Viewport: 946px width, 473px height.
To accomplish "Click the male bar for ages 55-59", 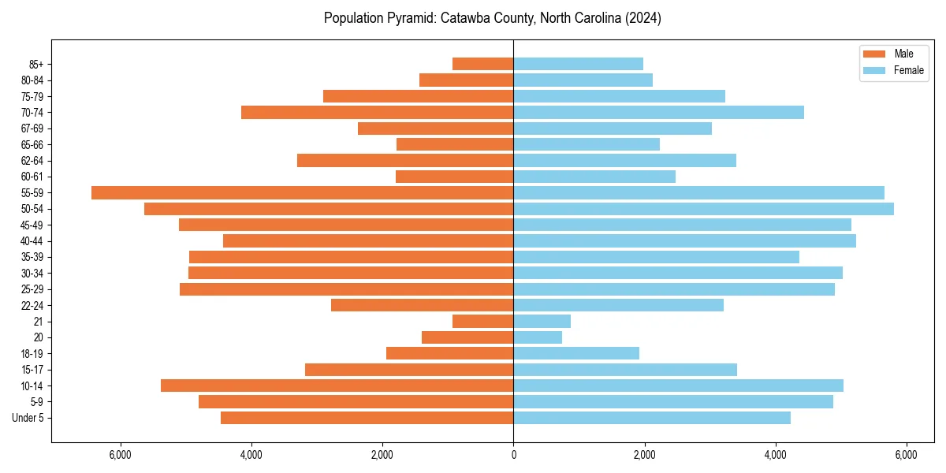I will coord(302,193).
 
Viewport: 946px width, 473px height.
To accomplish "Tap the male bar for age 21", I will coord(482,322).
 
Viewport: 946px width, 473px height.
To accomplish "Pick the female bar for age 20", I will coord(538,337).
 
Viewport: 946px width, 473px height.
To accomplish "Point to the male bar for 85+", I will coord(482,64).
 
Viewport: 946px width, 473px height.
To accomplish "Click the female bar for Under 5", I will coord(652,418).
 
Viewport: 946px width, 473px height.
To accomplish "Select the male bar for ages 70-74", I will coord(377,113).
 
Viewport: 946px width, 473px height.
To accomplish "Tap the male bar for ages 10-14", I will coord(337,385).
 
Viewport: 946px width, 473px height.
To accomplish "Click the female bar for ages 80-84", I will coord(583,80).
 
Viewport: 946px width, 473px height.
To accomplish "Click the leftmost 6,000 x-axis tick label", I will coord(121,456).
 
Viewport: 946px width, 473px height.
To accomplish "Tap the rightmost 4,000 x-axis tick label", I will coord(775,456).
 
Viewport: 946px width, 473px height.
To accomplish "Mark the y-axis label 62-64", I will coord(32,161).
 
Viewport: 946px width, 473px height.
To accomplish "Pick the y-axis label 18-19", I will coord(32,354).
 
